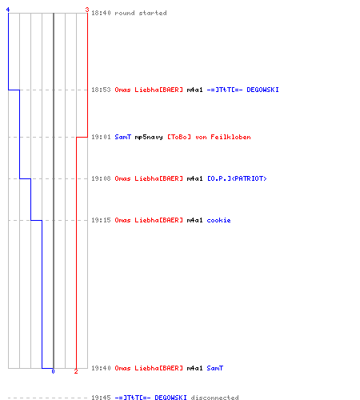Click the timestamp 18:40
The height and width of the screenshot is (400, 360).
point(101,13)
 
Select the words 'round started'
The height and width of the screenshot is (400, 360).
point(141,13)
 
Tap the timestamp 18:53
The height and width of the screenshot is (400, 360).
point(101,90)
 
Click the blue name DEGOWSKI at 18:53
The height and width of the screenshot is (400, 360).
point(262,90)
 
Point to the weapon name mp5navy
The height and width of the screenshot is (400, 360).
point(149,137)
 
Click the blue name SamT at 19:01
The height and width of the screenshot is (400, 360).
point(122,137)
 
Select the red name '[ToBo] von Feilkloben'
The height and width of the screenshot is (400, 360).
point(209,137)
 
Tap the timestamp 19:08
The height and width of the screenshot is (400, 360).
point(101,178)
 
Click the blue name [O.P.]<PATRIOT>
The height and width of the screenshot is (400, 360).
point(237,178)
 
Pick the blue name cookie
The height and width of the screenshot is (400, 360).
point(218,220)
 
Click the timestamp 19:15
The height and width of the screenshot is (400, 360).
point(101,220)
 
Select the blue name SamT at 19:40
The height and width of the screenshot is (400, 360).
point(215,368)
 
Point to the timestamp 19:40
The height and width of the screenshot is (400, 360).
point(101,368)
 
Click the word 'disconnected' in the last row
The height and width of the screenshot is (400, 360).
point(214,398)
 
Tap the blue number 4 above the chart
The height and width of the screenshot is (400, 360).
point(8,10)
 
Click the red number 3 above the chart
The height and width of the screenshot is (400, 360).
point(87,10)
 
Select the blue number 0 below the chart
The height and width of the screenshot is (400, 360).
point(53,371)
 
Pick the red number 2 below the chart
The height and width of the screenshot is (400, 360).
point(76,371)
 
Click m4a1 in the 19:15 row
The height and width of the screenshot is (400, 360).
point(194,220)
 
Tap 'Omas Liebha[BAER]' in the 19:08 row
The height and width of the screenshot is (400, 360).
point(149,178)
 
